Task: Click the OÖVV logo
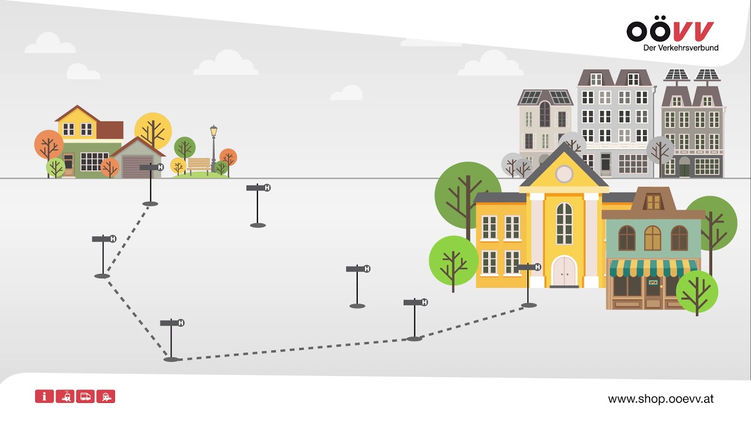[670, 31]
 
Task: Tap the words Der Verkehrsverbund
[681, 48]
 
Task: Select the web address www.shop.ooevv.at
[661, 399]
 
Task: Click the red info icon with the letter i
[44, 396]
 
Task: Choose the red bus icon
[85, 396]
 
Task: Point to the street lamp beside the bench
[214, 147]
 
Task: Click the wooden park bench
[198, 165]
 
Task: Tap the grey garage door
[133, 166]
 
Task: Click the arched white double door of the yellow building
[564, 271]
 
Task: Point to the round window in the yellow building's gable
[564, 173]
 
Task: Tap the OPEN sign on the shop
[652, 282]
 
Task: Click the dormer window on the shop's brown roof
[653, 202]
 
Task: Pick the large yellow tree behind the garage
[153, 130]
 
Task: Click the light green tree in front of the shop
[696, 291]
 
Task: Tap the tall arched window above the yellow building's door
[564, 223]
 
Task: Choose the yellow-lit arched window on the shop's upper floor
[652, 237]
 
